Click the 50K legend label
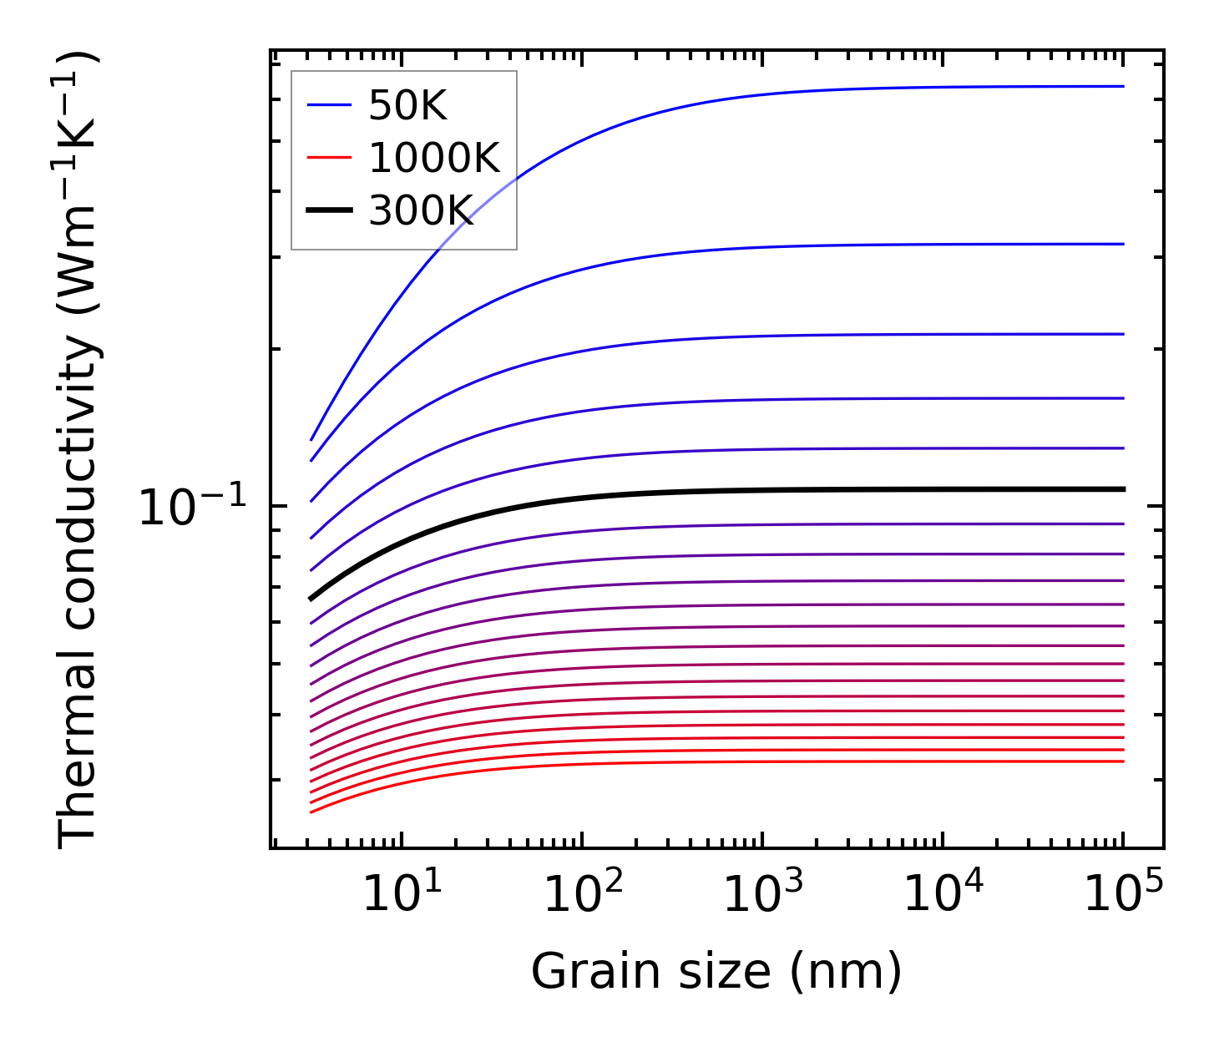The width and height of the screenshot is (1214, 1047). pos(408,106)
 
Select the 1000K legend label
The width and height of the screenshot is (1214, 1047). pos(434,158)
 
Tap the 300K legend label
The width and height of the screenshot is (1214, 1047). pos(421,210)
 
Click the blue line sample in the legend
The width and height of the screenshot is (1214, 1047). pos(330,105)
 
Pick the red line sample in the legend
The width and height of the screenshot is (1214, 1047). pos(330,158)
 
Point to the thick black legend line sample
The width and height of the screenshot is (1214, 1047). pos(330,210)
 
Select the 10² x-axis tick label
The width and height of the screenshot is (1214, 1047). pos(582,894)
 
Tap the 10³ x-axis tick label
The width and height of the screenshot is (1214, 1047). pos(762,894)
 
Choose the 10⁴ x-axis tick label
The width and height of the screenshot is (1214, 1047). pos(943,894)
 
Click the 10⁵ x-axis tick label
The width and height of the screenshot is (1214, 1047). pos(1123,894)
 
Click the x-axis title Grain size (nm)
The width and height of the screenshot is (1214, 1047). pos(716,973)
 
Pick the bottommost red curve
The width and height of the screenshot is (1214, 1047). pos(751,761)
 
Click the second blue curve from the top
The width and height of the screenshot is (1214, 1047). pos(751,248)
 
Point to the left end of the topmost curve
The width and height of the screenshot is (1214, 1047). pos(311,439)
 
